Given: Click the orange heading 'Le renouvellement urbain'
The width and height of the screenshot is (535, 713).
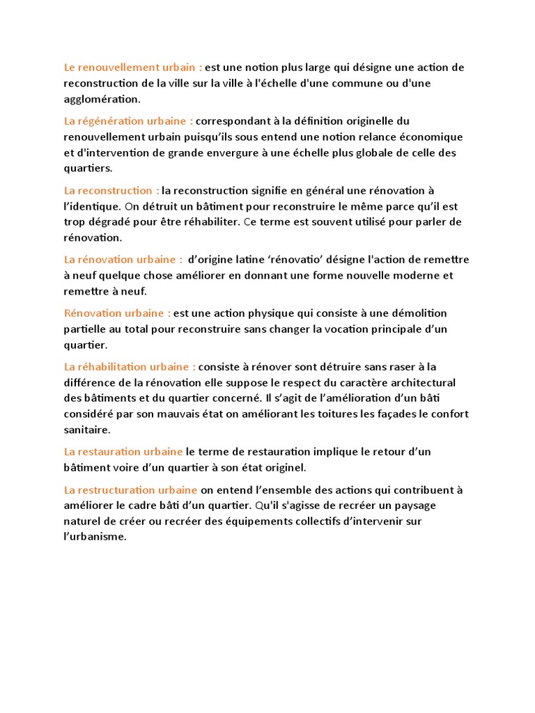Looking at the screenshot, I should [133, 68].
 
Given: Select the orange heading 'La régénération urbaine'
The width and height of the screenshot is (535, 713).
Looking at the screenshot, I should [128, 121].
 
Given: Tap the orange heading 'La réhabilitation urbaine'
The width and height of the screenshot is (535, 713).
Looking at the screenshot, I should [130, 367].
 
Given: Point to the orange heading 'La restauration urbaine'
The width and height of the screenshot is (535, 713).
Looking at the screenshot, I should [123, 452].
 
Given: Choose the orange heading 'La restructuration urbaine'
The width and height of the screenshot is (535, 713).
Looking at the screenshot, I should [130, 490].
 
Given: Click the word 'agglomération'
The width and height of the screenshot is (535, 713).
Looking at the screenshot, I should [102, 99].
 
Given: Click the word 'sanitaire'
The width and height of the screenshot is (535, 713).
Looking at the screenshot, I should [86, 430].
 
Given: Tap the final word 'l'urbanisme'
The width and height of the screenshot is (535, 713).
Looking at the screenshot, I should [95, 537].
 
